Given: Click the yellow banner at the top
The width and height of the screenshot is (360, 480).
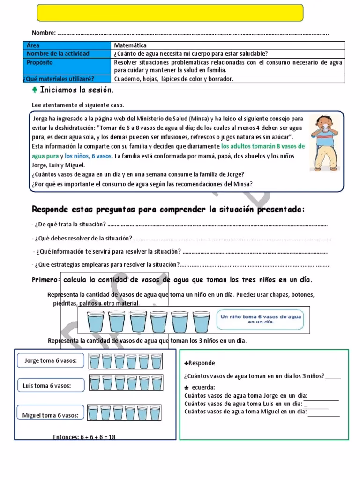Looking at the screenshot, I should click(170, 13).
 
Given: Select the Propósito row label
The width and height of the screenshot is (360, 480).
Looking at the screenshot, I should click(40, 62).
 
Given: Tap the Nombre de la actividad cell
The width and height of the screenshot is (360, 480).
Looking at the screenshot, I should click(58, 54).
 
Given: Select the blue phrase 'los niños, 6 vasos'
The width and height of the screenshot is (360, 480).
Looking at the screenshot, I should click(89, 156).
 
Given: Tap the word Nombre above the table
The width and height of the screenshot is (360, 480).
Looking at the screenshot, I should click(43, 33).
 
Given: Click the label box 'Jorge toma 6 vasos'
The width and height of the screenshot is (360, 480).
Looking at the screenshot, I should click(51, 361).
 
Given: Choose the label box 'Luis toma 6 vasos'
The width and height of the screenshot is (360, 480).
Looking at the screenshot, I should click(47, 386).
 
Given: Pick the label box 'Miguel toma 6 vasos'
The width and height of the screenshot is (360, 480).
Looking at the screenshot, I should click(51, 415).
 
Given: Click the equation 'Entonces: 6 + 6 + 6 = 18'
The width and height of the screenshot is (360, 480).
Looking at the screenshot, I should click(84, 437).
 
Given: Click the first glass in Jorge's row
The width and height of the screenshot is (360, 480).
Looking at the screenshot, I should click(95, 361).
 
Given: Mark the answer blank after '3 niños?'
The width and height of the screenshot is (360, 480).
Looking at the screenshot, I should click(333, 376).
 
